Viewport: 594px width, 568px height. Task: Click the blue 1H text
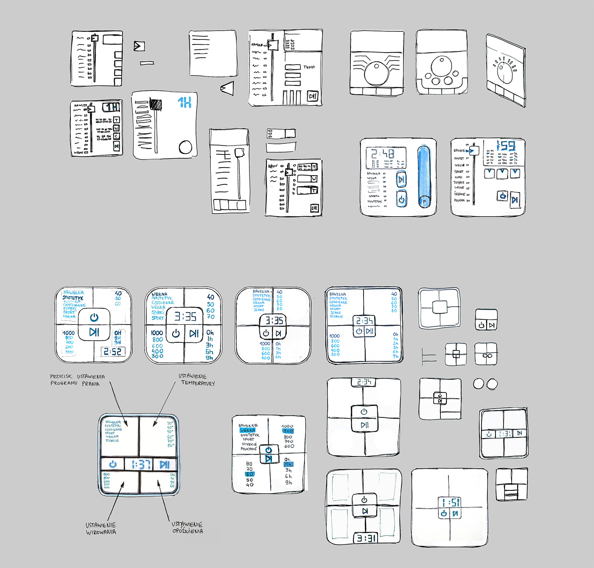coord(185,102)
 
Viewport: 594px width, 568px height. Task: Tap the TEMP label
coord(309,67)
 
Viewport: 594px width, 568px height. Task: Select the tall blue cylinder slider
coord(423,176)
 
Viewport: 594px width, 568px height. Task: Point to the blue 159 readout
coord(506,146)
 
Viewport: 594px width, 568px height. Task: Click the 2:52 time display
coord(112,352)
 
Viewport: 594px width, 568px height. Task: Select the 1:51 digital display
coord(450,503)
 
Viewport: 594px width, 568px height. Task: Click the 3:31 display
coord(365,538)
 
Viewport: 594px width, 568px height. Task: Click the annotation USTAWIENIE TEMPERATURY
coord(196,380)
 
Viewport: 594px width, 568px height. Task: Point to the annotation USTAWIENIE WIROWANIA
coord(101,529)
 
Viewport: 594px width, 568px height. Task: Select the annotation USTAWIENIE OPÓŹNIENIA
coord(187,527)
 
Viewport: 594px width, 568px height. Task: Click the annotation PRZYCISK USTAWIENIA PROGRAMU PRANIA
coord(77,380)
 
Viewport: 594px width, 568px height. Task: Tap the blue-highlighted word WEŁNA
coord(247,430)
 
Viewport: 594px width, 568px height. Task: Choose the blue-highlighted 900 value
coord(288,431)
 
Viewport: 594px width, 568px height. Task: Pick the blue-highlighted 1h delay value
coord(288,464)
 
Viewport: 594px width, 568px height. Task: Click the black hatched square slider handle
coord(156,104)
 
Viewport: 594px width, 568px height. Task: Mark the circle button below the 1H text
coord(185,147)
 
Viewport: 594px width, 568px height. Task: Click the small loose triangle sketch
coord(227,88)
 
